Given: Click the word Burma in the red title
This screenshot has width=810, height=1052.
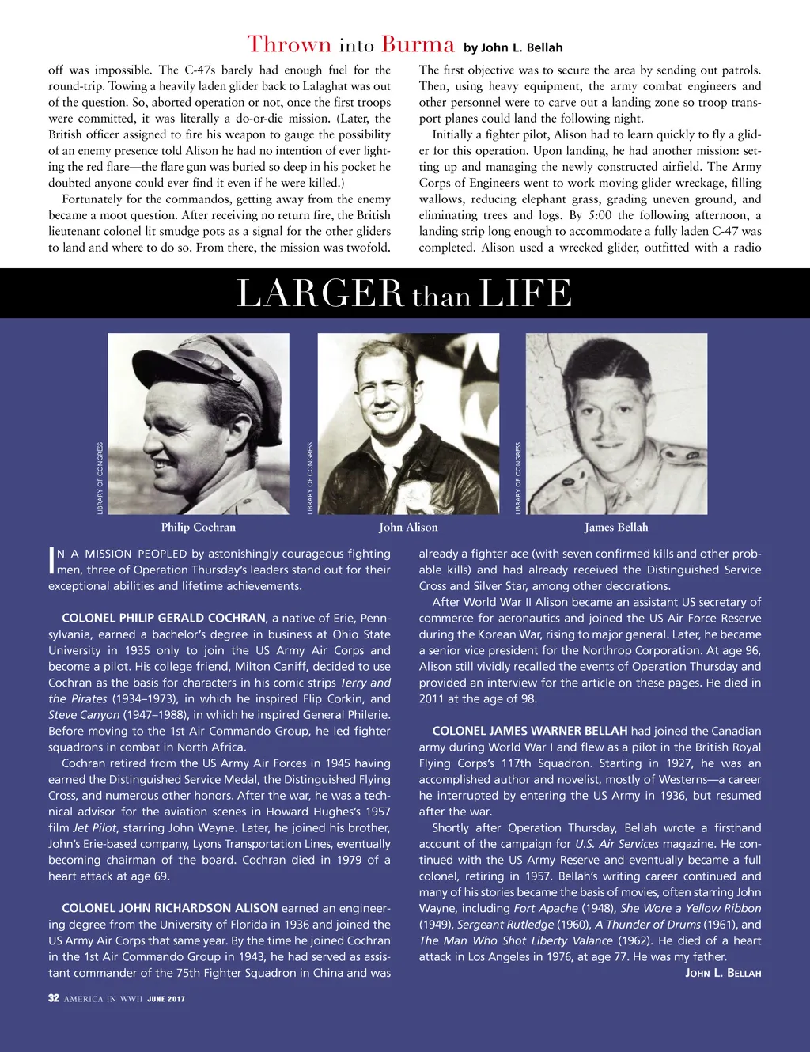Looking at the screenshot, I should [418, 44].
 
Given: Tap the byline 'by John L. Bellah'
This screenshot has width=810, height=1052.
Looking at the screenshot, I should [513, 47].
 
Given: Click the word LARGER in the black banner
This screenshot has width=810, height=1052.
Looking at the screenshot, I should [320, 293].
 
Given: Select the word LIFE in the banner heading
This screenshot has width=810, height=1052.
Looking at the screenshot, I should [524, 293].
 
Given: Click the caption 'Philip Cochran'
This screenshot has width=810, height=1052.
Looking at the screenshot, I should [199, 528].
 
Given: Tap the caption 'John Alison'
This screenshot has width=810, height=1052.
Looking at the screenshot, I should [408, 528].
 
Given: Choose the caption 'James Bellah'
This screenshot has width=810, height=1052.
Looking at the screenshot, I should [616, 528].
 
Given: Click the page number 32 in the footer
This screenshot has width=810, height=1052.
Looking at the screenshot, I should [54, 998].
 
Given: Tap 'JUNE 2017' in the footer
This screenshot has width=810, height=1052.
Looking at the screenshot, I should [166, 999].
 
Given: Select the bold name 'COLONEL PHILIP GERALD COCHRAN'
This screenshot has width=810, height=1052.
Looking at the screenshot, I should [164, 618].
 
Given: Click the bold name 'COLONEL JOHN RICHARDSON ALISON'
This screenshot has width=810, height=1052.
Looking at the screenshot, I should [170, 908].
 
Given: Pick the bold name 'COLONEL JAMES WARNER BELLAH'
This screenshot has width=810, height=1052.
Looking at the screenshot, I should [530, 731].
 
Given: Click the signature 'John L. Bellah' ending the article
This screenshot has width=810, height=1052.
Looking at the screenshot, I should [723, 973].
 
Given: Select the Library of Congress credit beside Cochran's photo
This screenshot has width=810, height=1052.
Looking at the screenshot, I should [100, 479].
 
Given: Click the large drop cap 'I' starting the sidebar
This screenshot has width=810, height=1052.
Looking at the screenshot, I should [52, 561].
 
